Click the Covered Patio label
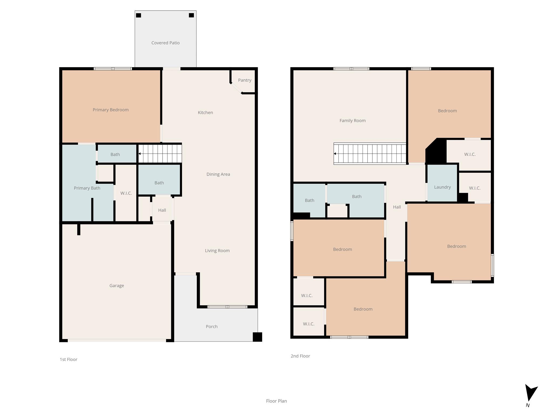coord(165,43)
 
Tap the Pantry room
coord(244,80)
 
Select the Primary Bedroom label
coord(110,110)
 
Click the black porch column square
coord(257,337)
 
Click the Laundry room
coord(442,187)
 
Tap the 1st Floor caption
coord(68,359)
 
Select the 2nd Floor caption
coord(300,356)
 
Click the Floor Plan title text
coord(276,401)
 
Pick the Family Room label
coord(352,121)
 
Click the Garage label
coord(117,286)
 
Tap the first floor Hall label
coord(162,210)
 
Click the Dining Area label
coord(218,174)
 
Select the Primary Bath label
coord(87,188)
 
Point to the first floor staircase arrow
coord(140,154)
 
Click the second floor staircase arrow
coord(335,154)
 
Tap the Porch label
coord(211,326)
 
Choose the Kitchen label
coord(205,112)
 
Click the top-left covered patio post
coord(139,15)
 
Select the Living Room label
coord(217,250)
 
